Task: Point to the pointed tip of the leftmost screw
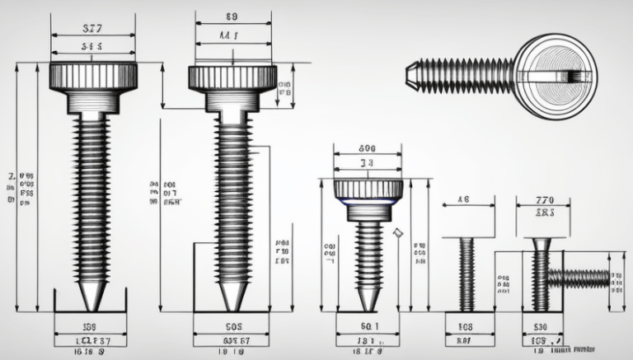[92, 296]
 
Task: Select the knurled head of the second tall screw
[232, 77]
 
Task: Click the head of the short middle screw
[368, 189]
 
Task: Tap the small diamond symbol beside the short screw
[398, 234]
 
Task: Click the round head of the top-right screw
[557, 75]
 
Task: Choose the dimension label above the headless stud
[463, 199]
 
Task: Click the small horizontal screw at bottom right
[580, 278]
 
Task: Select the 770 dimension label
[545, 199]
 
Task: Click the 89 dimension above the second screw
[232, 15]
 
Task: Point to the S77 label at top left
[92, 28]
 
